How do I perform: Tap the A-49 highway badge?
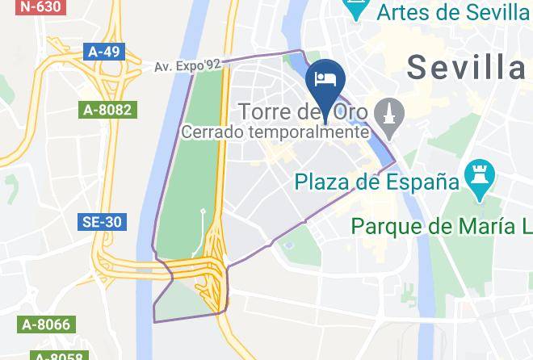(x=104, y=52)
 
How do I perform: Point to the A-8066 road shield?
(x=45, y=325)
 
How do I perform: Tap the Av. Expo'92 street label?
(x=187, y=65)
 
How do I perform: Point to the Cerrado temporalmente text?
(x=275, y=132)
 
